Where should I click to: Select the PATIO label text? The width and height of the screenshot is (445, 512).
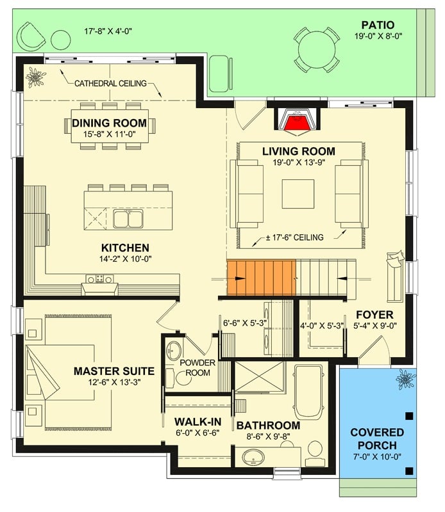[x=376, y=25]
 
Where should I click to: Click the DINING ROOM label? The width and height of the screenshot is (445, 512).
[x=109, y=123]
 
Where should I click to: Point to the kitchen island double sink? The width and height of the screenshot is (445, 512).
[x=128, y=219]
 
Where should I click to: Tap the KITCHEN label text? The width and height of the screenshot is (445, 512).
[x=125, y=248]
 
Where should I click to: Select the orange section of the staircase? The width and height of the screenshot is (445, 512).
[x=260, y=278]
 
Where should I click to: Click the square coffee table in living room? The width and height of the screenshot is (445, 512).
[x=298, y=194]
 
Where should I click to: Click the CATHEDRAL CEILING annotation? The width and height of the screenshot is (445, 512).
[x=110, y=83]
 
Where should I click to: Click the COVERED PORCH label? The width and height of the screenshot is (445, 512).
[x=377, y=439]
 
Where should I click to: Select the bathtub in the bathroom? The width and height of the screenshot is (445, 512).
[x=311, y=390]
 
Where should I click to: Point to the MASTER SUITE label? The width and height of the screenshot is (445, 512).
[x=113, y=371]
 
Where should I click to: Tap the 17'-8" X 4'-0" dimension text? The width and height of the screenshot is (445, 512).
[x=108, y=31]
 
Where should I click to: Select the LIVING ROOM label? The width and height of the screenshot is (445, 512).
[x=298, y=151]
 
